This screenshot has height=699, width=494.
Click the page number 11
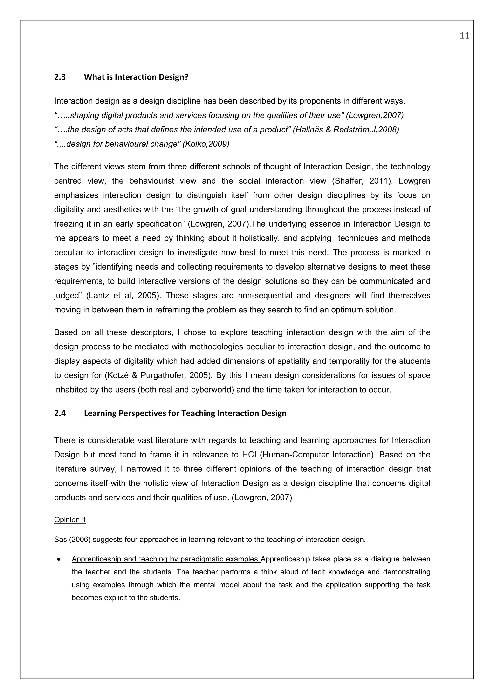click(x=464, y=36)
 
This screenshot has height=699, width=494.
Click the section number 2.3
click(x=60, y=77)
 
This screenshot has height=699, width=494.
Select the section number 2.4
click(x=60, y=413)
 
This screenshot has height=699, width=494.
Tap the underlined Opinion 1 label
click(x=70, y=519)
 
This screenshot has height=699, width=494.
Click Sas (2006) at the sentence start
click(x=72, y=540)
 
